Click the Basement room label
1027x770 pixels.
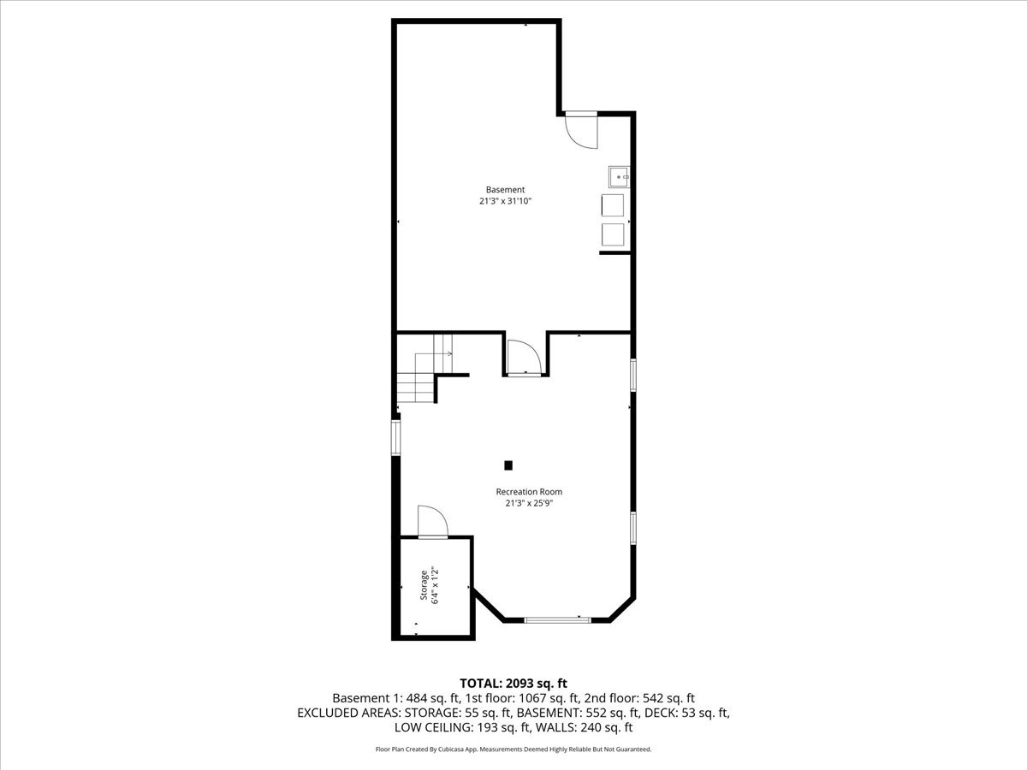(505, 190)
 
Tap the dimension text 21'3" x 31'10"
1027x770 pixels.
(512, 202)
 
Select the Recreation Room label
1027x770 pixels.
(529, 492)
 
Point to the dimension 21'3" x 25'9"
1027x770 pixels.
(529, 504)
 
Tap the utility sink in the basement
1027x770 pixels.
(619, 177)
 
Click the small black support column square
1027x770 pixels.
(508, 465)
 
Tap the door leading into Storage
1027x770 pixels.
(432, 522)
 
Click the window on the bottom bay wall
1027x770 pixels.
(557, 619)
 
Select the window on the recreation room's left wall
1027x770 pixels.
(395, 436)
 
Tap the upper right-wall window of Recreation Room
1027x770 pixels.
(633, 375)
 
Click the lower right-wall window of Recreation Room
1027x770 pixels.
(633, 528)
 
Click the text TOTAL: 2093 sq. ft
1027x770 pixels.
(513, 683)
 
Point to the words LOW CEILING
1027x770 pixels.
(433, 728)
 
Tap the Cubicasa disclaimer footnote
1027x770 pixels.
(513, 749)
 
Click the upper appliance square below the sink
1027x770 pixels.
(613, 205)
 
